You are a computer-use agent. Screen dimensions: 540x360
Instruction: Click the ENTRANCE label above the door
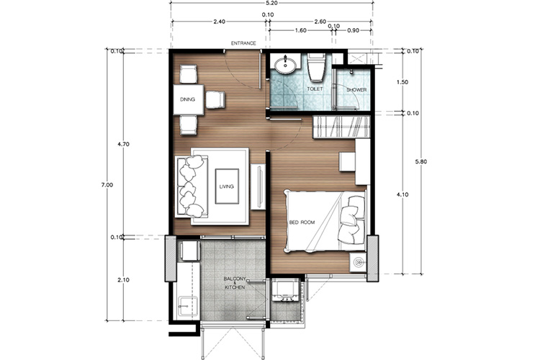click(243, 43)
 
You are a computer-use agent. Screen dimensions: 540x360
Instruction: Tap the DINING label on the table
click(187, 99)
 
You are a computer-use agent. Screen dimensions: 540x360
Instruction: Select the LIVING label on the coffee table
click(227, 186)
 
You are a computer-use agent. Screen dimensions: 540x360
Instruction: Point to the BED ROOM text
click(302, 222)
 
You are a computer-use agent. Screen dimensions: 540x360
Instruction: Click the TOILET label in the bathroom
click(315, 89)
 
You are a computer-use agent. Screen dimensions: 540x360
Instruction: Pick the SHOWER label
click(356, 90)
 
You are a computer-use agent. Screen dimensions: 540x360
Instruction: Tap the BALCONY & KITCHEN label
click(235, 283)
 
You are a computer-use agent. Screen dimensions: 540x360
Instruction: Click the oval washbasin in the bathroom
click(285, 65)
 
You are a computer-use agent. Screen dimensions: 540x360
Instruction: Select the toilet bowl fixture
click(316, 67)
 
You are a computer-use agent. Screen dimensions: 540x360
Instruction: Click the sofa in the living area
click(192, 186)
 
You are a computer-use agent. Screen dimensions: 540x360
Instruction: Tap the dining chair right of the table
click(215, 99)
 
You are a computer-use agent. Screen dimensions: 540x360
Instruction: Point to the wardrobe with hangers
click(341, 127)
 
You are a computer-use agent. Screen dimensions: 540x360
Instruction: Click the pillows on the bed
click(352, 220)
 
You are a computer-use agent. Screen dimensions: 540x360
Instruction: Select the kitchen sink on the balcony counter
click(188, 306)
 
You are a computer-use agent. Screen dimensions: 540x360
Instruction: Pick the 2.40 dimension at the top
click(219, 22)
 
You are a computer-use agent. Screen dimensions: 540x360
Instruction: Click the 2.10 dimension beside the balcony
click(123, 280)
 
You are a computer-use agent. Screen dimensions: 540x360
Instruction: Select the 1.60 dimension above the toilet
click(300, 30)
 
